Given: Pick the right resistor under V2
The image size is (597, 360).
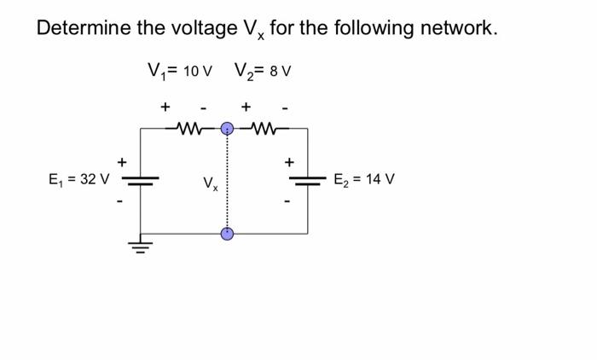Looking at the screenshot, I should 263,129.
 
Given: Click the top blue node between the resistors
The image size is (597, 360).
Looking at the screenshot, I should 228,129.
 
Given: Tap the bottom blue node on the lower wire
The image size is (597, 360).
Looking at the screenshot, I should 228,233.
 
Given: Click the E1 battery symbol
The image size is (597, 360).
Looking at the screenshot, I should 141,180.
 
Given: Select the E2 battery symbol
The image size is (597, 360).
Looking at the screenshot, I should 308,180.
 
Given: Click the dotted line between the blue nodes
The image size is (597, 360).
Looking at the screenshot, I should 228,181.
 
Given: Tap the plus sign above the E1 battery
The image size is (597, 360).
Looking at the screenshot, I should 123,160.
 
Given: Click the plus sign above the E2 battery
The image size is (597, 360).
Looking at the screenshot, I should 289,160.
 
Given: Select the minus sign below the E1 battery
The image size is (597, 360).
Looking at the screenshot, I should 122,202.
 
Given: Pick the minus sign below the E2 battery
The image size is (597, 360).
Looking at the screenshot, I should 289,202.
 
